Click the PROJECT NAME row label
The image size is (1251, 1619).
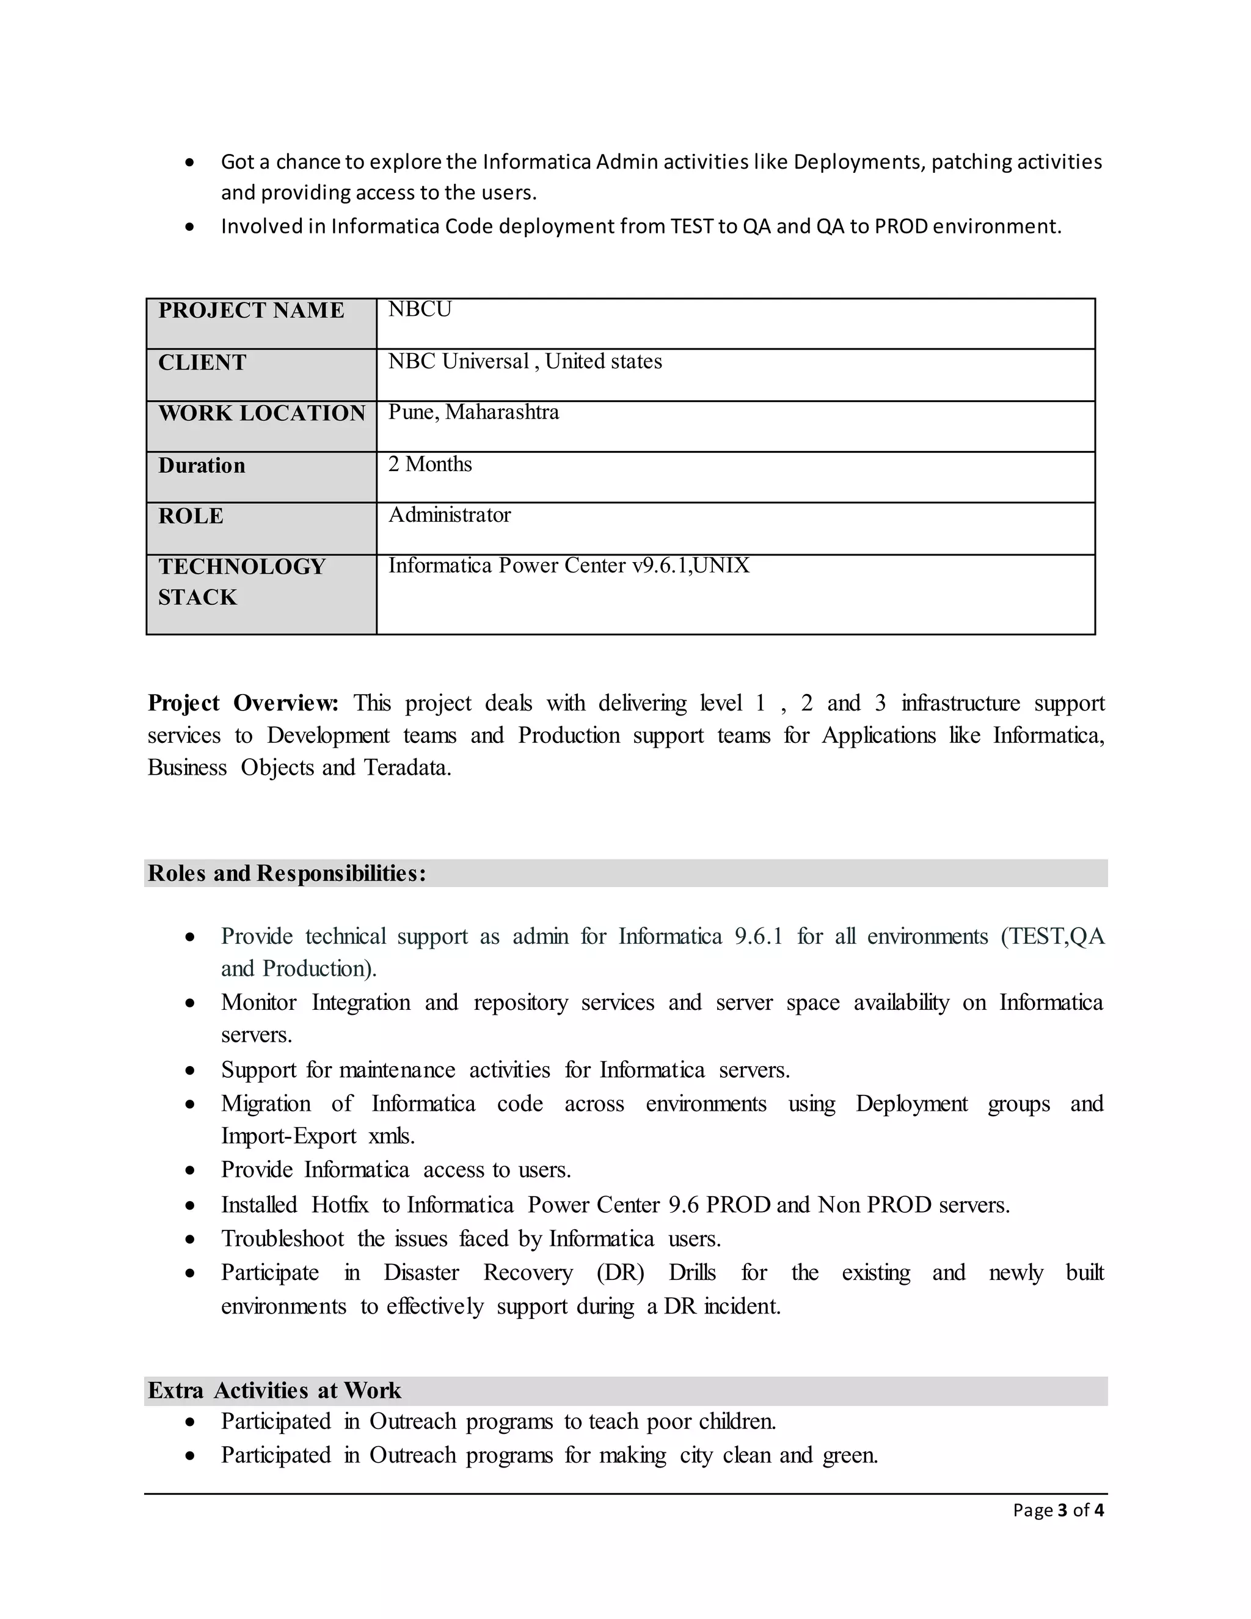pyautogui.click(x=251, y=310)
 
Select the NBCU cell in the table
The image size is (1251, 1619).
pyautogui.click(x=420, y=309)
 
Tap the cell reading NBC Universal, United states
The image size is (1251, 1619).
pyautogui.click(x=525, y=361)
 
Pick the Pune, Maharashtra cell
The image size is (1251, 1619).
pyautogui.click(x=473, y=412)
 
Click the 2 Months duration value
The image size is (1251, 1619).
pyautogui.click(x=430, y=464)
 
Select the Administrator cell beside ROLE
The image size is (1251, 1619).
pyautogui.click(x=449, y=514)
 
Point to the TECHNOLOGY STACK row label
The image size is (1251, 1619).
pyautogui.click(x=242, y=582)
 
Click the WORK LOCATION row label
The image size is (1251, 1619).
pyautogui.click(x=261, y=413)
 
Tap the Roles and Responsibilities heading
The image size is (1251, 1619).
pyautogui.click(x=287, y=873)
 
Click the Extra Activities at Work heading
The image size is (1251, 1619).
pyautogui.click(x=274, y=1391)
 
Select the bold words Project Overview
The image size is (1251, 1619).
pyautogui.click(x=243, y=703)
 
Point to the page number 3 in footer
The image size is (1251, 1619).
pyautogui.click(x=1063, y=1510)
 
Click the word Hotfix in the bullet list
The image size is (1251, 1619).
pyautogui.click(x=340, y=1205)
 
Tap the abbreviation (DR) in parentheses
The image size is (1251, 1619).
pyautogui.click(x=621, y=1273)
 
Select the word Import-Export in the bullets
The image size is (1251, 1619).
pyautogui.click(x=288, y=1136)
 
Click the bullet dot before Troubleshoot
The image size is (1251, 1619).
pyautogui.click(x=191, y=1240)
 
